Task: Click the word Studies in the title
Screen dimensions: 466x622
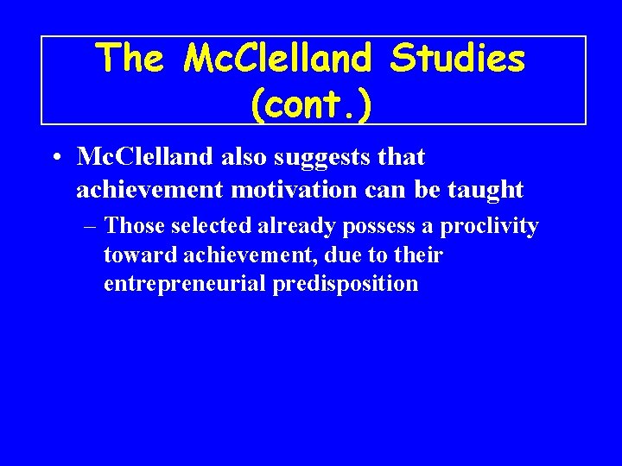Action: pos(457,59)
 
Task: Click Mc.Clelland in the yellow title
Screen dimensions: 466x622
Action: pos(279,59)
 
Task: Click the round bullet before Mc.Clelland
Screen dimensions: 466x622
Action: pos(54,158)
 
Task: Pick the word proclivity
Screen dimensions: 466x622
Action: pos(489,227)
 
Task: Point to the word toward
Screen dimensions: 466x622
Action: pos(131,255)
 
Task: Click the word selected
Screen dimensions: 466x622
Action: pos(212,227)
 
